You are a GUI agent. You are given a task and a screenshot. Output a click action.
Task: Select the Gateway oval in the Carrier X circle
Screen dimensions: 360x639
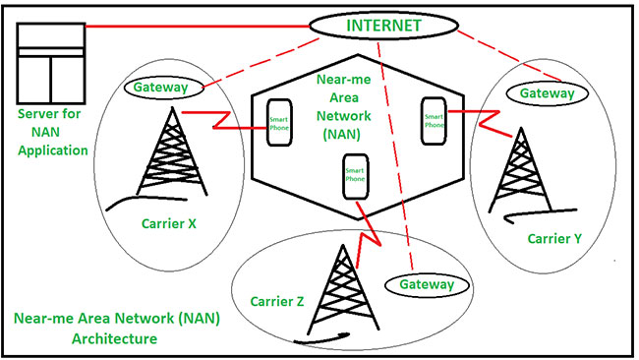tap(164, 89)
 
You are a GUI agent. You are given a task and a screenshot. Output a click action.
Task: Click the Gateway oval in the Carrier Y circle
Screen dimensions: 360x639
tap(547, 93)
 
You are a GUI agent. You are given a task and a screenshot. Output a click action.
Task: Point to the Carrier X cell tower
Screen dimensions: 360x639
tap(167, 157)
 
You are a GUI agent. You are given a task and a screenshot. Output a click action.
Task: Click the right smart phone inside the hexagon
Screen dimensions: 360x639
tap(434, 119)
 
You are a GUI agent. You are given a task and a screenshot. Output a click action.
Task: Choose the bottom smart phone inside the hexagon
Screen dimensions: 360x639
tap(355, 177)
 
